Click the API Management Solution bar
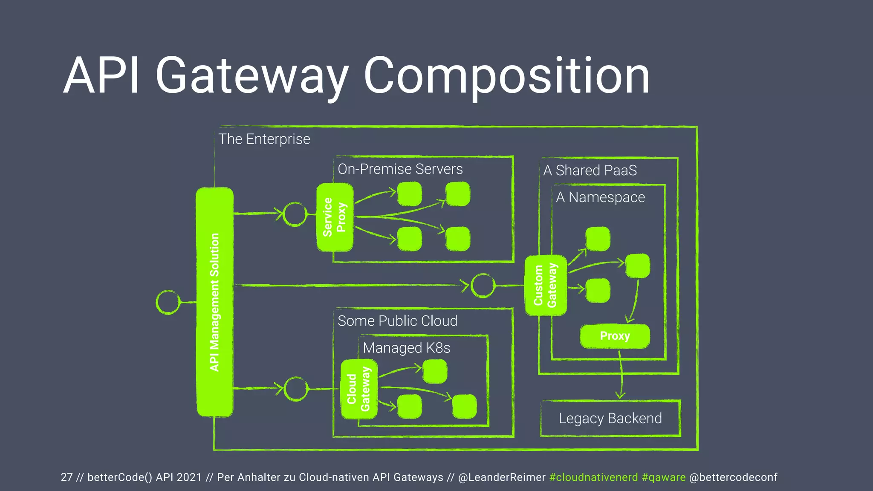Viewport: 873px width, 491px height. click(x=214, y=302)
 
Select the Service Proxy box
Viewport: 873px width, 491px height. click(x=335, y=217)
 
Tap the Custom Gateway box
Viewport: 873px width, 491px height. click(x=546, y=285)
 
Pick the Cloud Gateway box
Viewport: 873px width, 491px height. click(x=358, y=389)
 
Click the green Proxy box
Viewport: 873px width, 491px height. click(x=615, y=336)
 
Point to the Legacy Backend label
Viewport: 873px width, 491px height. click(x=610, y=419)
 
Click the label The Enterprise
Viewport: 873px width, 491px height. click(x=264, y=139)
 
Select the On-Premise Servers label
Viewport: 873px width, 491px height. click(x=400, y=169)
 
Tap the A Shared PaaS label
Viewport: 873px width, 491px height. click(x=590, y=170)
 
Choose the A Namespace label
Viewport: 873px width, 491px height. click(x=600, y=197)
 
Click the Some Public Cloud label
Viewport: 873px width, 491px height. click(x=397, y=321)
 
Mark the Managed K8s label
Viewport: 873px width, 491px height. click(x=406, y=348)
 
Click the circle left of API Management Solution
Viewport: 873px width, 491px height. click(x=168, y=302)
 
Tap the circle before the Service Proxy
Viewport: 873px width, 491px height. click(x=295, y=214)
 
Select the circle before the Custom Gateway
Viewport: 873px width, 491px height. click(x=483, y=285)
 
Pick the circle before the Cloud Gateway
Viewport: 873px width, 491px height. click(x=295, y=389)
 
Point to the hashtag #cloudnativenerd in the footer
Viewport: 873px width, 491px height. click(x=593, y=477)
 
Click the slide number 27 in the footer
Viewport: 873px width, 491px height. click(x=67, y=477)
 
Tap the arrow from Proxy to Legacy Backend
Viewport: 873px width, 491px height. click(x=621, y=375)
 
